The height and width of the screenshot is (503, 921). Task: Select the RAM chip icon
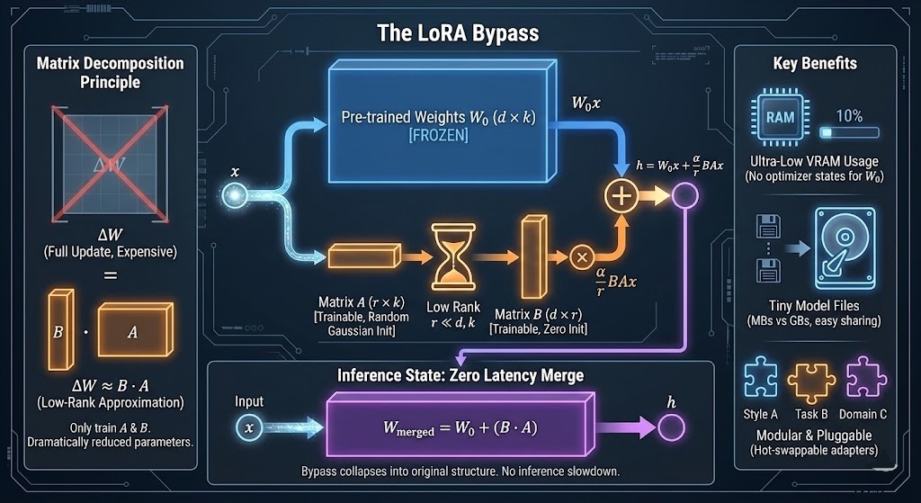click(778, 118)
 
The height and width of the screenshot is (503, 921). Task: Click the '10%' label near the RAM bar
click(849, 116)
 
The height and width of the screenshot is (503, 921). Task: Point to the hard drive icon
click(841, 242)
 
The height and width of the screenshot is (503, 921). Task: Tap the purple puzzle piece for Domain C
click(862, 377)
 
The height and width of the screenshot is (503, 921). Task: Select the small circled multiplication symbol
click(580, 258)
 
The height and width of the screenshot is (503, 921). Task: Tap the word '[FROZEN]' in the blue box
click(436, 135)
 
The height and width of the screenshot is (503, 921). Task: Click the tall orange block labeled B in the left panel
click(60, 330)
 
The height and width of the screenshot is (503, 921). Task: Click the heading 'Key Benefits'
click(815, 63)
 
